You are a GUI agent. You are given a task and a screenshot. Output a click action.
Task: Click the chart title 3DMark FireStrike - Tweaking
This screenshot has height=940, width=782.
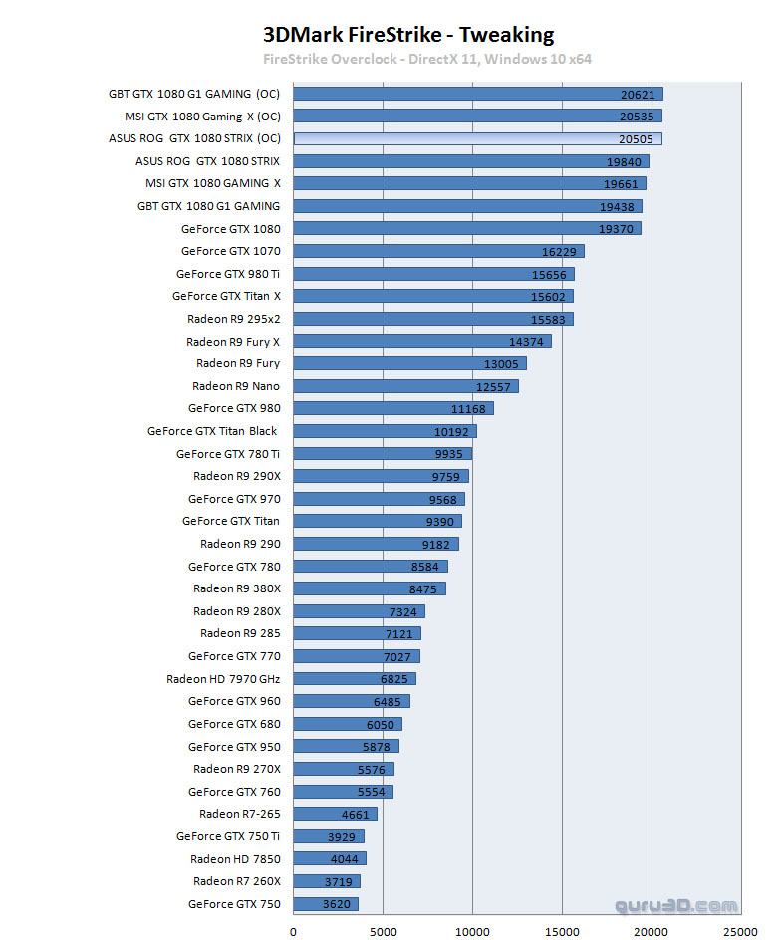(407, 35)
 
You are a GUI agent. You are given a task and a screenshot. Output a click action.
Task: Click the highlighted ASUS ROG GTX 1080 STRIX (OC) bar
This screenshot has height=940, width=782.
(478, 138)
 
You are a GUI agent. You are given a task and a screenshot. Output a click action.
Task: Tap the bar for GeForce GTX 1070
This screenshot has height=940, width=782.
(438, 251)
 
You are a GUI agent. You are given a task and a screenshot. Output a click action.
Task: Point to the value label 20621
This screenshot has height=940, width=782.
(638, 94)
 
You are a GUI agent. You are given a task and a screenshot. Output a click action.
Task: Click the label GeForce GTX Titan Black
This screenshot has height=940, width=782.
(212, 431)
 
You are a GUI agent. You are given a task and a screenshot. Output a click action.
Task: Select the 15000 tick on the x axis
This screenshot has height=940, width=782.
(562, 931)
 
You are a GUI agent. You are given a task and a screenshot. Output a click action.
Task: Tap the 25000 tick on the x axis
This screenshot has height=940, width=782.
(740, 931)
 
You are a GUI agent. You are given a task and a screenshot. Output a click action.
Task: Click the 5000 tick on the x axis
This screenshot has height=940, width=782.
(384, 931)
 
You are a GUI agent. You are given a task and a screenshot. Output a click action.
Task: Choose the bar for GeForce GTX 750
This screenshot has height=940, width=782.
(326, 904)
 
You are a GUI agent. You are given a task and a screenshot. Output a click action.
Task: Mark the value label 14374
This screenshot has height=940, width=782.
(527, 342)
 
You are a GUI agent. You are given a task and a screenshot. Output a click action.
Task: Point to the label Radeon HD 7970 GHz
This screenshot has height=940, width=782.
(223, 679)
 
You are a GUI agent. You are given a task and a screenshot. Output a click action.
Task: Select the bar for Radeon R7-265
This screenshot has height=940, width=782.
(336, 814)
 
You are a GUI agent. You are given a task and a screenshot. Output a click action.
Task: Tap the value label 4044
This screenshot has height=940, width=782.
(344, 859)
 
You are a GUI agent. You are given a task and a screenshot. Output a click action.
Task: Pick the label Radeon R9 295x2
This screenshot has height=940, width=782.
(233, 319)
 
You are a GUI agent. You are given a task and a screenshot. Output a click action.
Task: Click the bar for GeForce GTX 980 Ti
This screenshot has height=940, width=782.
(433, 274)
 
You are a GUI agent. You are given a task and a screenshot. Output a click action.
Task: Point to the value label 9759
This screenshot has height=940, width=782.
(445, 477)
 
